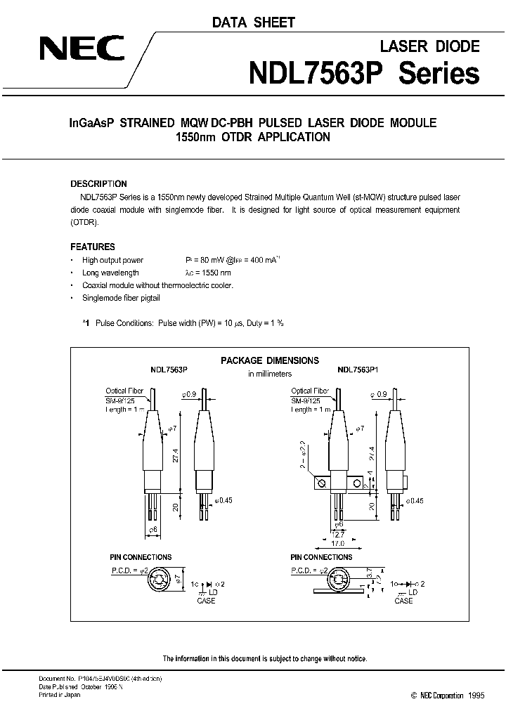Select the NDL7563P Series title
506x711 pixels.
(365, 73)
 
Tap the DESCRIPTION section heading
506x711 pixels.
(98, 184)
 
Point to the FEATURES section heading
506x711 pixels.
(93, 247)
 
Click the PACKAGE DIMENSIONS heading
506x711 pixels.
(270, 360)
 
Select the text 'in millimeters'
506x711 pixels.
(270, 374)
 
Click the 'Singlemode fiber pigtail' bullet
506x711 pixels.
(121, 298)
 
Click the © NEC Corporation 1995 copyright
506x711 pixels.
(446, 695)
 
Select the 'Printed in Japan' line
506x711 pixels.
(60, 694)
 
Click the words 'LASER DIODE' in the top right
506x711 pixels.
(429, 46)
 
